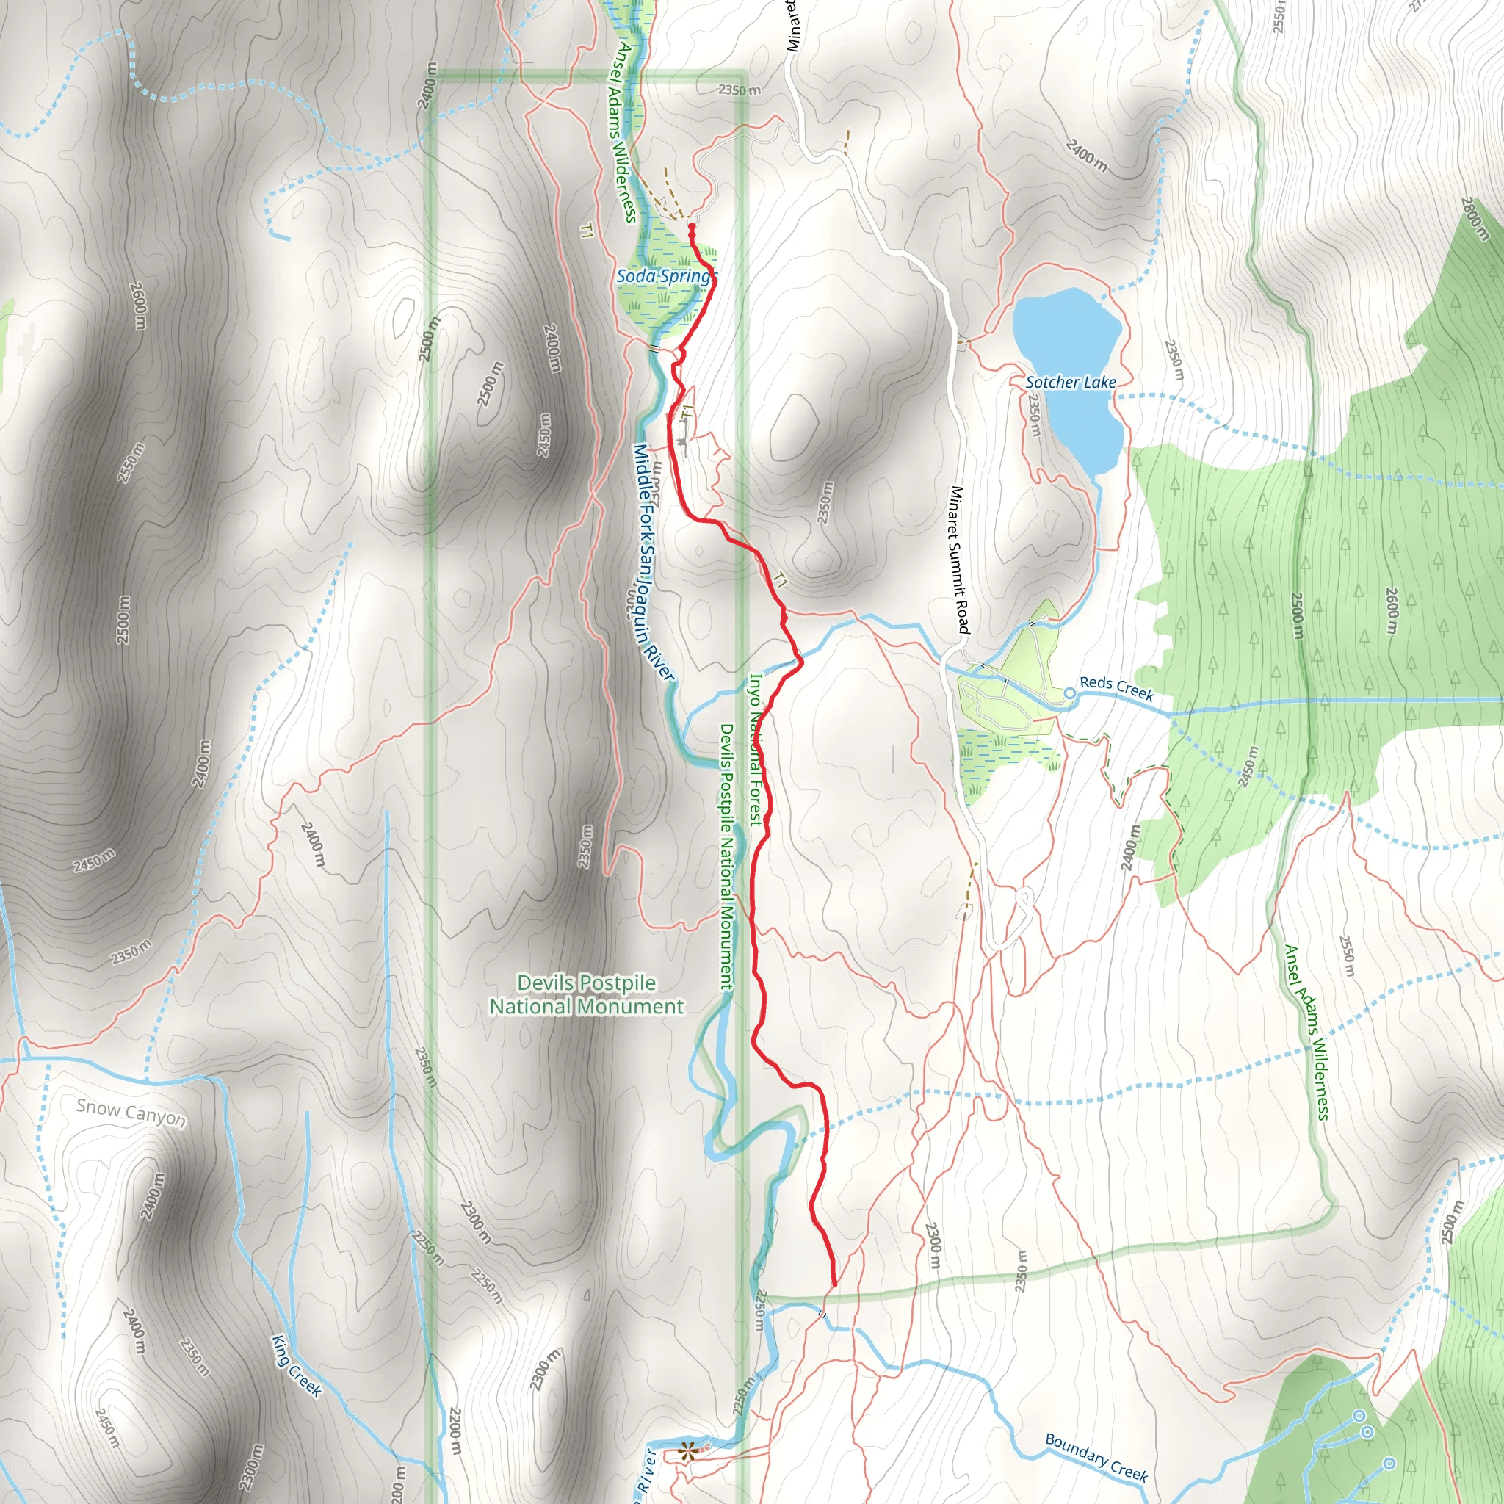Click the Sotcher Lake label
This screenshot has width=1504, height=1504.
tap(1071, 382)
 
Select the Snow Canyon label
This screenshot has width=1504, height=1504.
tap(131, 1113)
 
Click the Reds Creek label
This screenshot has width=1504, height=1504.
tap(1116, 688)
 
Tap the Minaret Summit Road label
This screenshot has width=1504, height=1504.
tap(960, 560)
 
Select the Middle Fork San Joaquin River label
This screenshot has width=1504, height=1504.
tap(652, 562)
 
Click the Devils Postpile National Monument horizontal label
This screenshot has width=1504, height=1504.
tap(586, 995)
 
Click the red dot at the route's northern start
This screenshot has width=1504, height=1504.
tap(691, 226)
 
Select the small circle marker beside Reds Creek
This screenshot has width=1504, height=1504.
tap(1069, 693)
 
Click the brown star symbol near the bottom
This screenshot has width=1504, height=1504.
tap(687, 1450)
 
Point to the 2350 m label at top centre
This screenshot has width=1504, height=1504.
tap(739, 90)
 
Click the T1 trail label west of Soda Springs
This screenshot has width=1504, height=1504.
tap(587, 231)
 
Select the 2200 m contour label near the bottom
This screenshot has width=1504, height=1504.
tap(455, 1431)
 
